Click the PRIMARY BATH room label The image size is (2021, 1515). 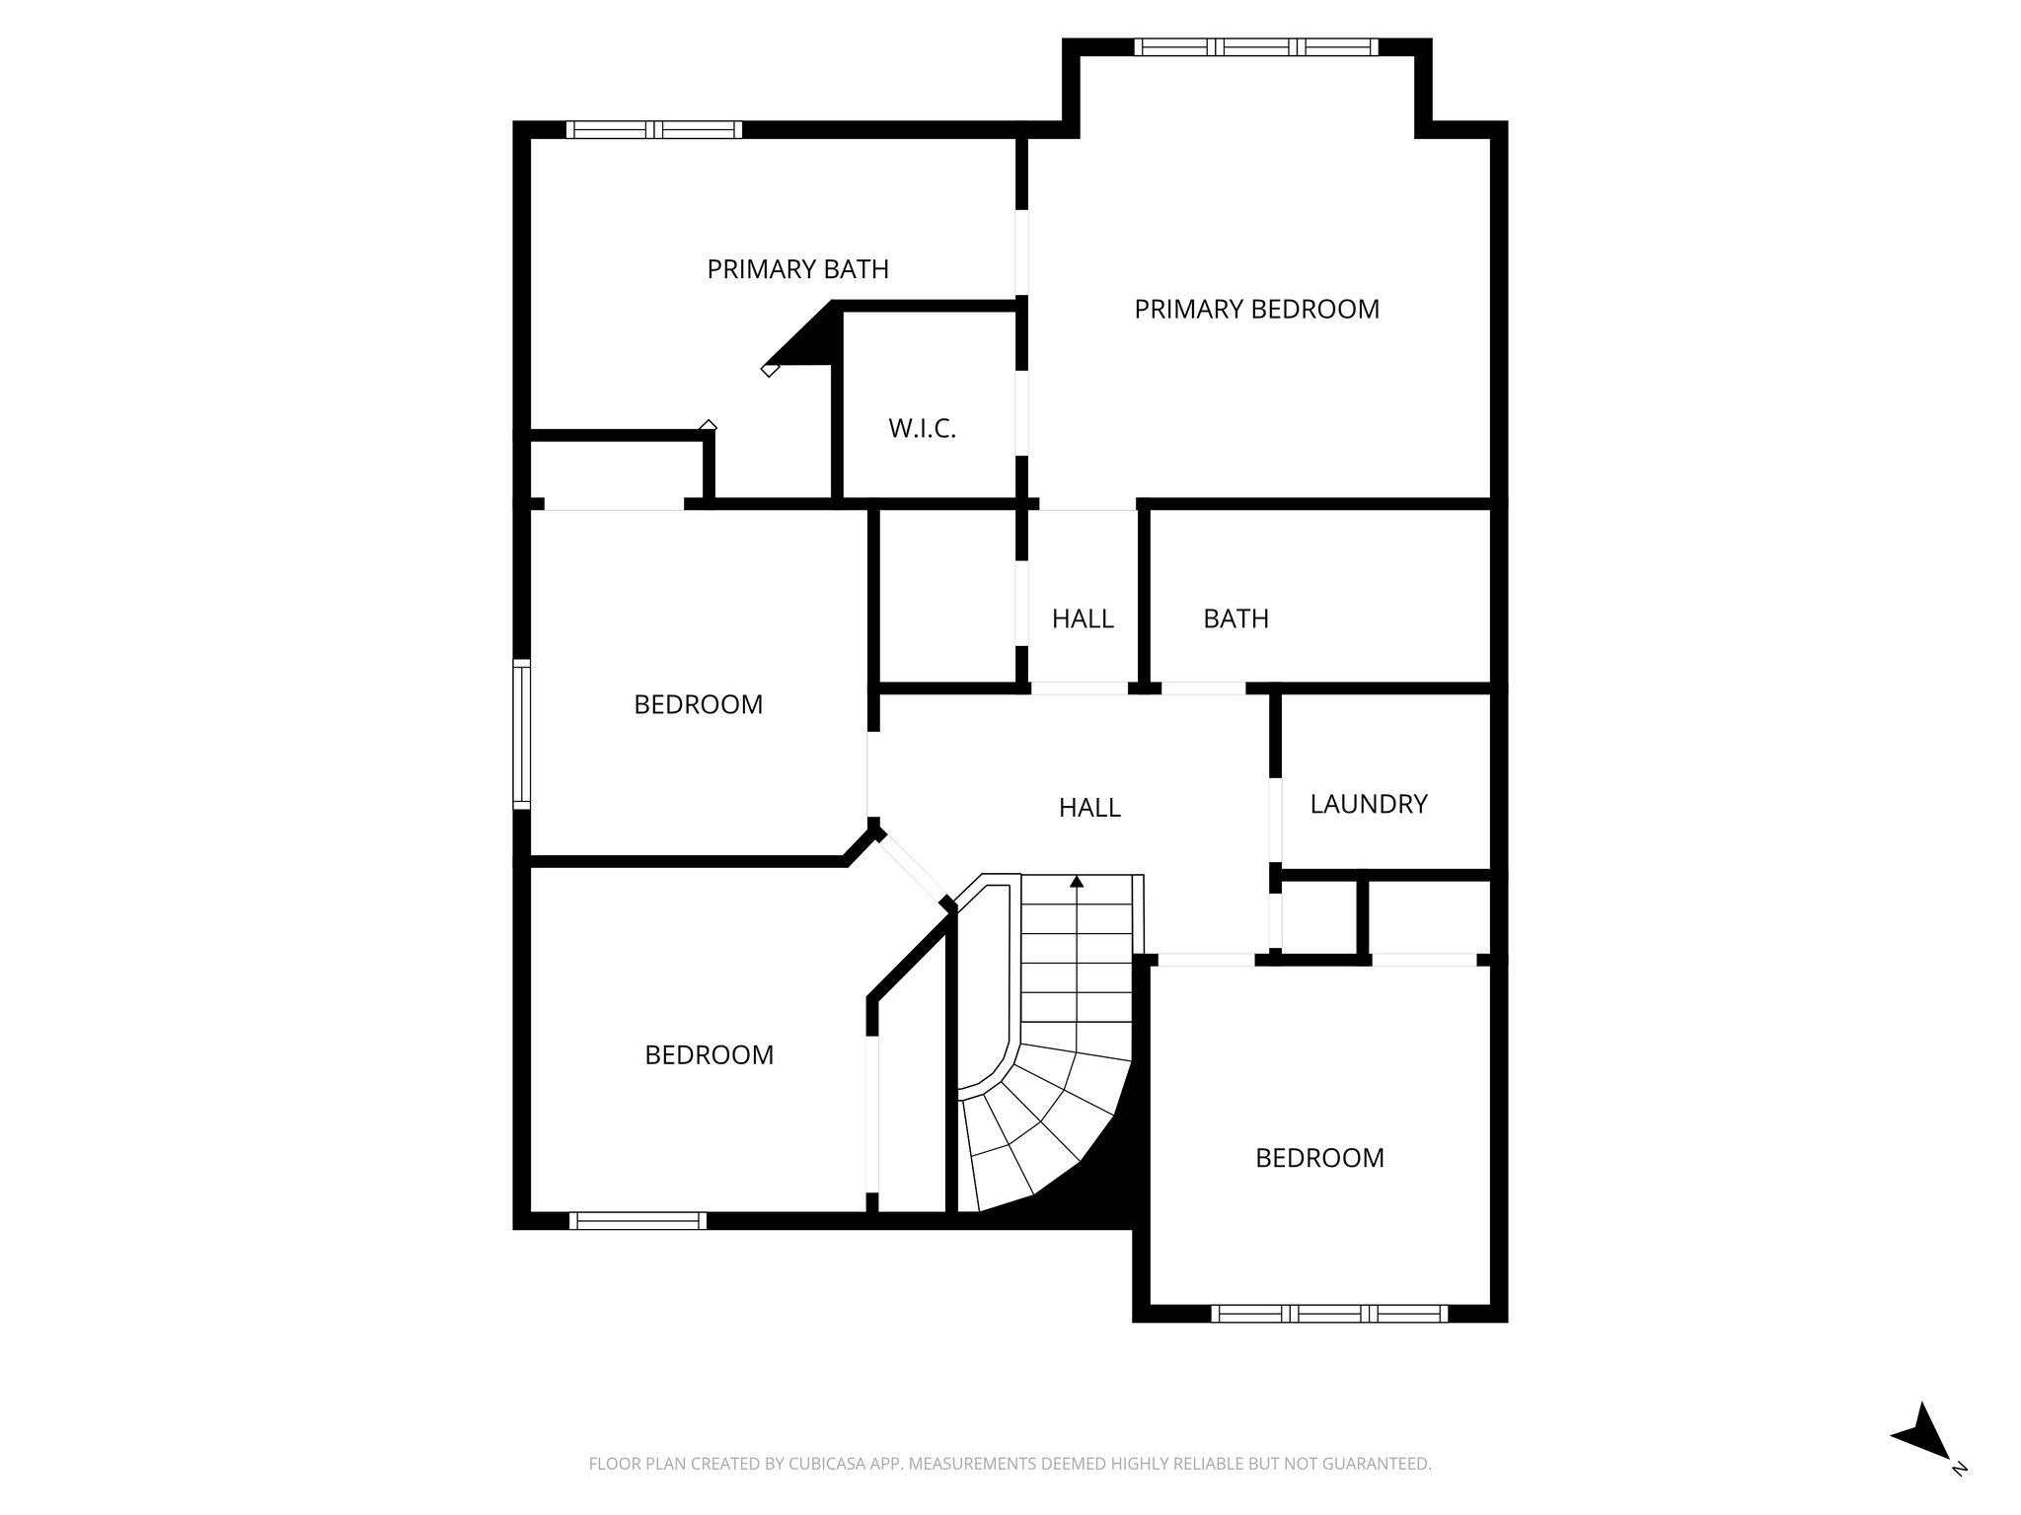point(797,268)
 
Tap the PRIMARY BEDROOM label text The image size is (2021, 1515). point(1256,309)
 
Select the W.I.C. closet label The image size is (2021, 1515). point(922,429)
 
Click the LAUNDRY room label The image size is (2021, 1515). point(1368,804)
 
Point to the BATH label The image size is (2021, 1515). point(1235,618)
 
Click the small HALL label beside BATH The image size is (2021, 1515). point(1083,618)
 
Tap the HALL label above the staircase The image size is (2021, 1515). point(1089,808)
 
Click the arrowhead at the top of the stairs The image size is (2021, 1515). point(1077,881)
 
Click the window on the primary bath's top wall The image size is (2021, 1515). point(653,129)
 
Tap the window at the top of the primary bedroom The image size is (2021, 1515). point(1255,46)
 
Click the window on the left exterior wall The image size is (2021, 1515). point(521,734)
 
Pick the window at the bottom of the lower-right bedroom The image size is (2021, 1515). point(1328,1313)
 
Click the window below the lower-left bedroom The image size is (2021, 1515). point(638,1221)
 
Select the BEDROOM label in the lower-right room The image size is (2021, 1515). point(1319,1157)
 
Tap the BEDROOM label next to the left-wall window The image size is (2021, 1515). point(698,704)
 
